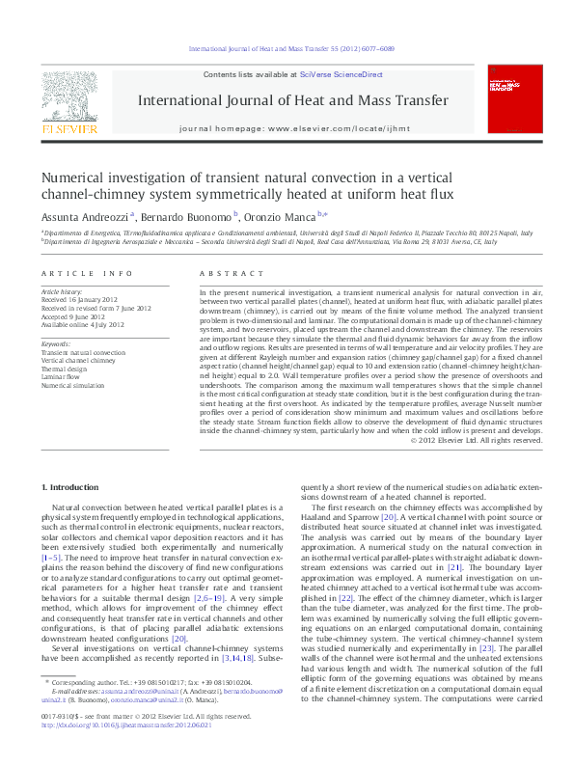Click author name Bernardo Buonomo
[x=190, y=217]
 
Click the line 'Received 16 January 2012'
[x=83, y=299]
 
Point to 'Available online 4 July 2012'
[x=83, y=324]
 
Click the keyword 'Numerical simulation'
[x=74, y=384]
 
